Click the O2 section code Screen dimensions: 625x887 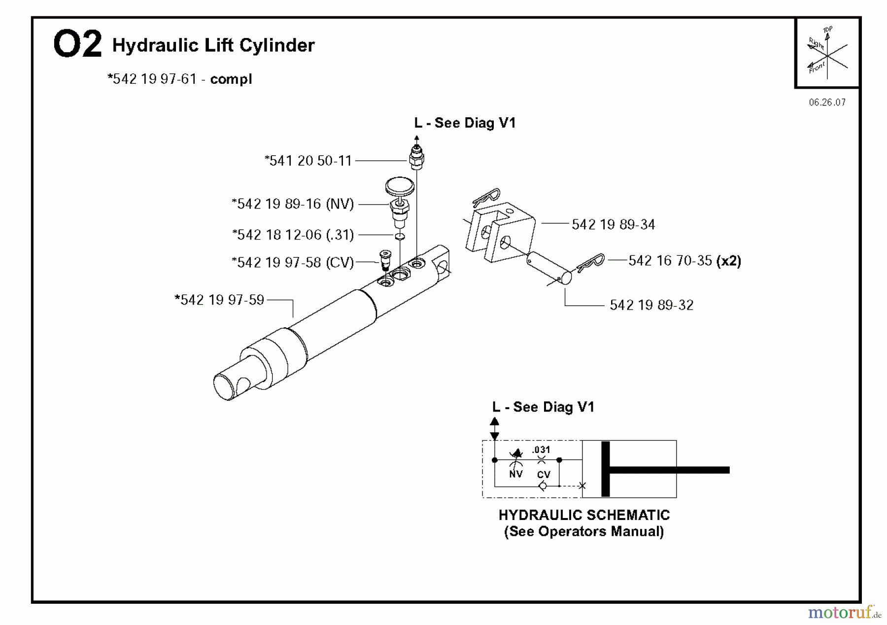(77, 44)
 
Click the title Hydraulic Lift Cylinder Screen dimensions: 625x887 (213, 45)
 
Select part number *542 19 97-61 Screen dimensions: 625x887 (152, 79)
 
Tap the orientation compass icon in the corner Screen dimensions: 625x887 (827, 53)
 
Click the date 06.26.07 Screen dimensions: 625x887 (827, 103)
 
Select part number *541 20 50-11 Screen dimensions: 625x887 (308, 161)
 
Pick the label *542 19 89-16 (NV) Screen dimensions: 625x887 (293, 204)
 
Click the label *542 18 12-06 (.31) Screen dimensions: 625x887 (293, 235)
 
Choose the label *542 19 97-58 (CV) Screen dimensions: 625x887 (293, 262)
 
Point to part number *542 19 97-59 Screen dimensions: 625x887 (220, 300)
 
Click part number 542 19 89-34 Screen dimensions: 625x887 (613, 225)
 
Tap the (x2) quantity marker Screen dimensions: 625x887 (729, 260)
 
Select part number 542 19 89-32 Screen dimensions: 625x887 (651, 305)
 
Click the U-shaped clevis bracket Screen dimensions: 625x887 (500, 232)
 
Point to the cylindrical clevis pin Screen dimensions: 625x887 (549, 269)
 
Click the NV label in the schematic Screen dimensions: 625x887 (515, 474)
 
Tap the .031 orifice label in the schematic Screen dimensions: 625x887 (541, 450)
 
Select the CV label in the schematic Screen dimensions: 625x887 (544, 475)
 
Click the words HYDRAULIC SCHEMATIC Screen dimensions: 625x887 (584, 515)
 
